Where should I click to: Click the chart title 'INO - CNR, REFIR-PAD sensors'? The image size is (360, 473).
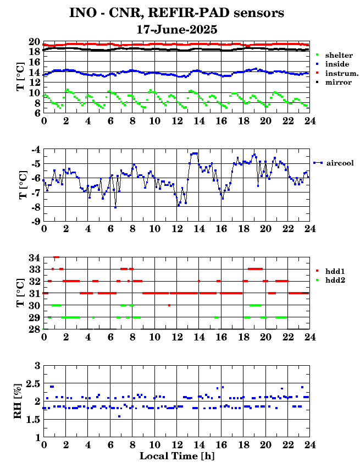tap(176, 13)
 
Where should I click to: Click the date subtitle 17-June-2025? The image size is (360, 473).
tap(177, 30)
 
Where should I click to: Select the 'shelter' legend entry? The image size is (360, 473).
tap(334, 55)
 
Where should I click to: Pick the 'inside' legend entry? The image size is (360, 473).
tap(333, 64)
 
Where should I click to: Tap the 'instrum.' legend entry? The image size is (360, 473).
tap(337, 73)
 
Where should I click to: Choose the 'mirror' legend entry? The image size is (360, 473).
tap(334, 82)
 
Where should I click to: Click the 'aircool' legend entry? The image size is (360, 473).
tap(334, 163)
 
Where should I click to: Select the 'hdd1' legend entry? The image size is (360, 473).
tap(330, 271)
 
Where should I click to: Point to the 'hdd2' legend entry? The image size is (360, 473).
tap(330, 280)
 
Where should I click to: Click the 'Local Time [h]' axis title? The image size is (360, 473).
tap(177, 456)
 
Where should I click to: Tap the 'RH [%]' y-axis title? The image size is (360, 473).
tap(18, 401)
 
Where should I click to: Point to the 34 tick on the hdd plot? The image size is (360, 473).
tap(35, 258)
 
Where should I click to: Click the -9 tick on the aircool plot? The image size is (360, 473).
tap(36, 222)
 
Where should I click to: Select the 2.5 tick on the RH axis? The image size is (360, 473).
tap(33, 384)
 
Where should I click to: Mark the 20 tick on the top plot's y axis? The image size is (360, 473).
tap(35, 42)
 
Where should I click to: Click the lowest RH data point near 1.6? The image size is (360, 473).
tap(119, 416)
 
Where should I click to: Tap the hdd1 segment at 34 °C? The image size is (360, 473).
tap(57, 257)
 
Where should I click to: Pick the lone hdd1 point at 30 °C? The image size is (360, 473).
tap(169, 305)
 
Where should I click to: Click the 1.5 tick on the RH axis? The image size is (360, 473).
tap(33, 419)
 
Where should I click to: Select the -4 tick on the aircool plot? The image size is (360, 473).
tap(36, 149)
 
